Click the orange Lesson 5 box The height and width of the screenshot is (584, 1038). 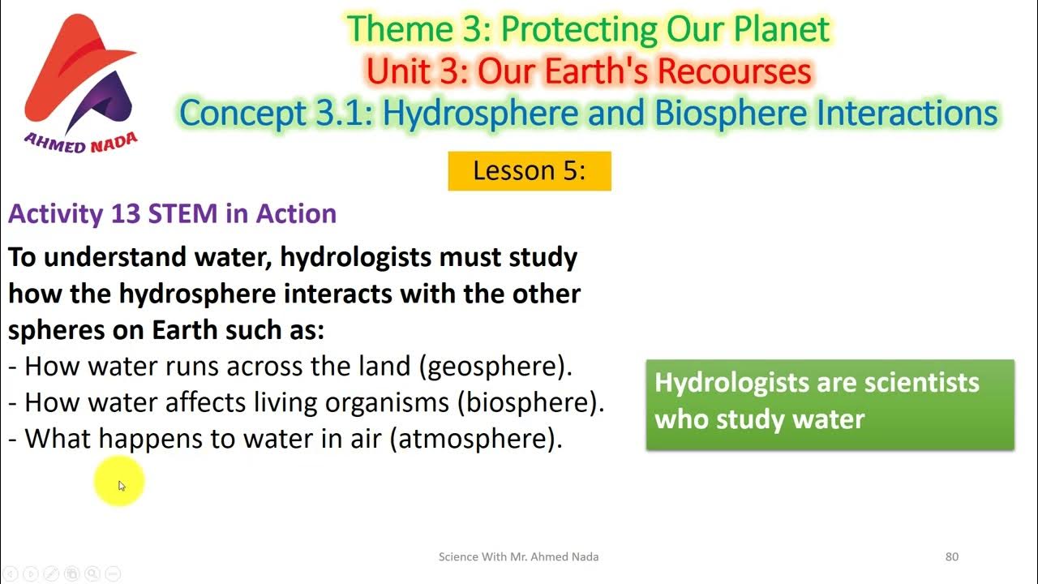[x=529, y=171]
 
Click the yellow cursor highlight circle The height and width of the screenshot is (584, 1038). [x=119, y=484]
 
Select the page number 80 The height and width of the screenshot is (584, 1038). [x=952, y=556]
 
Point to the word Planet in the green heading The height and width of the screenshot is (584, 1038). [x=780, y=29]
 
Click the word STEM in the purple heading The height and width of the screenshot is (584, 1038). [x=183, y=213]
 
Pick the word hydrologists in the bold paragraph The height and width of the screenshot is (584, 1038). [x=355, y=257]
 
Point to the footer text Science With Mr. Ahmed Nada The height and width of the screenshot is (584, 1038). [x=518, y=556]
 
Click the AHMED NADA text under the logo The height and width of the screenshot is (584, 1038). [x=81, y=143]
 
